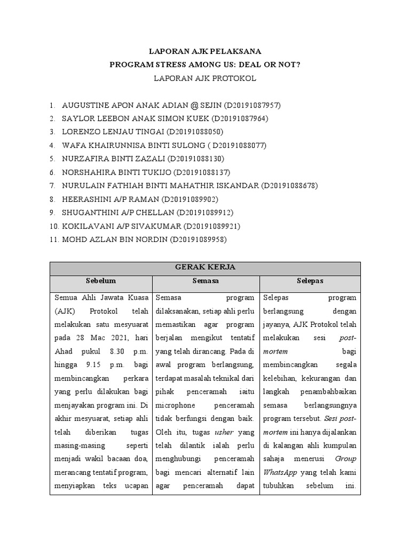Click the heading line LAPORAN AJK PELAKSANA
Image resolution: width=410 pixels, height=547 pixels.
click(x=204, y=52)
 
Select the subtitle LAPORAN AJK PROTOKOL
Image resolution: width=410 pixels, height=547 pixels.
click(x=204, y=79)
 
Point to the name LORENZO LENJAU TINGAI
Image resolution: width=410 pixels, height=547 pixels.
click(x=113, y=132)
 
